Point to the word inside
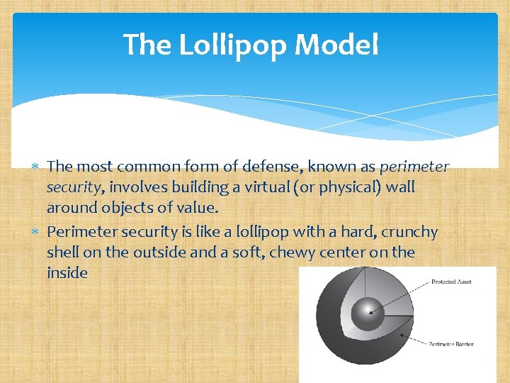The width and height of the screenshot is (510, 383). click(x=67, y=272)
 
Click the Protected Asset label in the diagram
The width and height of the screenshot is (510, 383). click(x=451, y=282)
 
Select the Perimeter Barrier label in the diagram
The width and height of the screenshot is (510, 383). click(x=451, y=344)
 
